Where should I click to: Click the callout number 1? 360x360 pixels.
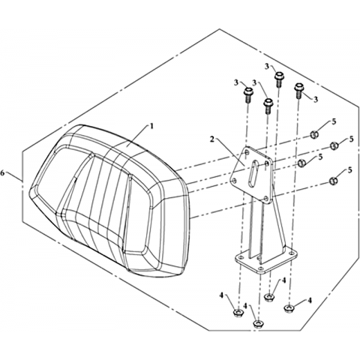click(x=151, y=126)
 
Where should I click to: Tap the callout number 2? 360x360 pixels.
click(x=212, y=139)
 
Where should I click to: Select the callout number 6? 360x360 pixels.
click(x=3, y=172)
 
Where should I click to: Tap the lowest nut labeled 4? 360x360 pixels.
click(x=257, y=324)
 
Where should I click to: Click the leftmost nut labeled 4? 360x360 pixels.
click(x=238, y=312)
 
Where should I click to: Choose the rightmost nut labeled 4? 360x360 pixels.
click(x=289, y=307)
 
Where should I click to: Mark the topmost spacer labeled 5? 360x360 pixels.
click(x=314, y=134)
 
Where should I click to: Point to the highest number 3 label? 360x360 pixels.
click(x=267, y=67)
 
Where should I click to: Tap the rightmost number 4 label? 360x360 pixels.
click(x=310, y=301)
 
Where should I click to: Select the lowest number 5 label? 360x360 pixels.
click(x=350, y=170)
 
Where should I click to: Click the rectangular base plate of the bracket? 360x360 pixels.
click(x=265, y=261)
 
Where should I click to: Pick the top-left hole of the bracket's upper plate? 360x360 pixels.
click(x=247, y=152)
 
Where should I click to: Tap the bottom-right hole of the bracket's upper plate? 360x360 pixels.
click(x=265, y=199)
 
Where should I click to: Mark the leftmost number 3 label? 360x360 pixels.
click(x=236, y=82)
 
